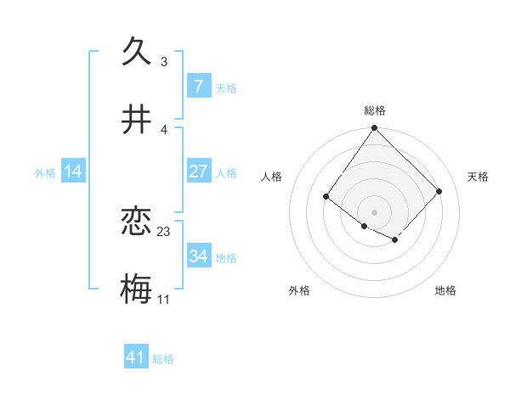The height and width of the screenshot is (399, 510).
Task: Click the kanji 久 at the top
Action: [137, 51]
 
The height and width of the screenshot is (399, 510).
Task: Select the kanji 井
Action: [137, 119]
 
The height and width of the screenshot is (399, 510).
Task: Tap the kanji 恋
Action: [137, 222]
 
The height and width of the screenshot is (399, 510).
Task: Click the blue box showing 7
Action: [198, 87]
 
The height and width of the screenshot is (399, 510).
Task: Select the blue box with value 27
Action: [198, 171]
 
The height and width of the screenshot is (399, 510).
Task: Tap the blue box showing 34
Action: [198, 256]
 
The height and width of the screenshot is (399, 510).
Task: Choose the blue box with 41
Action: [136, 358]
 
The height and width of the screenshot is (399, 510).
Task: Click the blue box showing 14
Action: [73, 171]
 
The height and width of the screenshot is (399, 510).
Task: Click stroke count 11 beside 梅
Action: [163, 300]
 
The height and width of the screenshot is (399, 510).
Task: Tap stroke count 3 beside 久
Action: [163, 62]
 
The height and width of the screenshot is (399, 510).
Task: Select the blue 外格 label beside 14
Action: [45, 172]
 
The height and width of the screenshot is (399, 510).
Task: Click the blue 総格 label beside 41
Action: [163, 359]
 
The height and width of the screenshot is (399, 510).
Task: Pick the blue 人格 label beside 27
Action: [226, 172]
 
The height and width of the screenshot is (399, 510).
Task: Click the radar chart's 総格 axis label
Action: [375, 110]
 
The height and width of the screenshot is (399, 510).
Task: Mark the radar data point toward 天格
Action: [439, 191]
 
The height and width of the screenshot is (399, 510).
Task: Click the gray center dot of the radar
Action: [375, 212]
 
